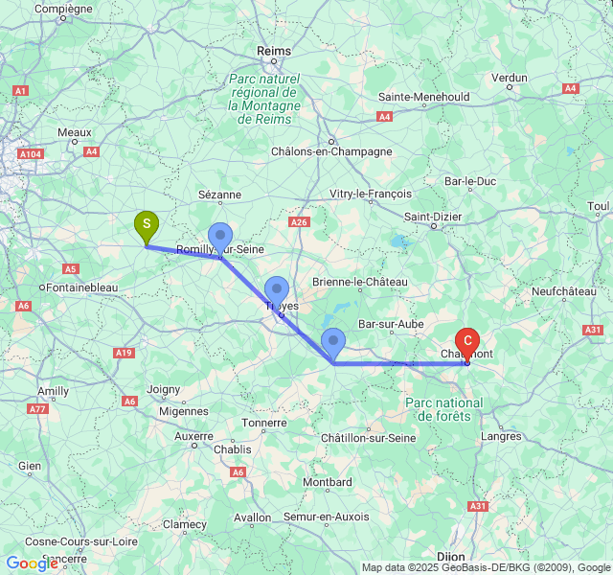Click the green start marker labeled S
[x=146, y=226]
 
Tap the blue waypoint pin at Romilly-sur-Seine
[x=220, y=237]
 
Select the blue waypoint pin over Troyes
[x=277, y=290]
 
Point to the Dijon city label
[x=450, y=556]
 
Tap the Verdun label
[x=509, y=78]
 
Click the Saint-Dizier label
[x=432, y=217]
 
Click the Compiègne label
[x=63, y=9]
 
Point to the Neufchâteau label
[x=564, y=290]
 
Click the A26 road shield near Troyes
[x=300, y=222]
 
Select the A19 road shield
[x=123, y=353]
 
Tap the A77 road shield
[x=37, y=408]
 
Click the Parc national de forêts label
[x=444, y=409]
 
